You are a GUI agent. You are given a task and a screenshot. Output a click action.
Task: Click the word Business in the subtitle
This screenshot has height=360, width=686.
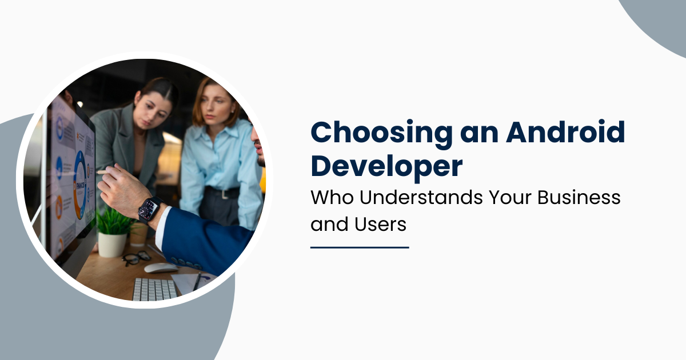tap(579, 197)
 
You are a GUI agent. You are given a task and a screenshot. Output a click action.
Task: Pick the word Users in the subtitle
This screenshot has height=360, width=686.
tap(380, 224)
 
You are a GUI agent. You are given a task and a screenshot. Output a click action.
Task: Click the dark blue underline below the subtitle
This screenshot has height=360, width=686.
tap(360, 247)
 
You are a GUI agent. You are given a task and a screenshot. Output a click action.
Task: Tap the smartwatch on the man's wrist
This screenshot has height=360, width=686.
tap(149, 210)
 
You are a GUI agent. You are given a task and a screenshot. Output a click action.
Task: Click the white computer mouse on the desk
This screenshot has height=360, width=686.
tap(161, 267)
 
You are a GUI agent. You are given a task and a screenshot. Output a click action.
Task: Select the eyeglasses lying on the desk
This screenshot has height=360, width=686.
tap(137, 258)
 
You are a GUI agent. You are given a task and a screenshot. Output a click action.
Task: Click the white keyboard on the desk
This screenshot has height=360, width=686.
tap(155, 289)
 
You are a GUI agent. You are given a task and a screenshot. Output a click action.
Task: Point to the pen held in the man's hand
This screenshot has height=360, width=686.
tap(106, 171)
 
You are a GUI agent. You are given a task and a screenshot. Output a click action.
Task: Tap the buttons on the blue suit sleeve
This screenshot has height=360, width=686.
tap(186, 263)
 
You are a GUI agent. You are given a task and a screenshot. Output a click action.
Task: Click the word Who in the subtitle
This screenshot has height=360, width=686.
tap(332, 197)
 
